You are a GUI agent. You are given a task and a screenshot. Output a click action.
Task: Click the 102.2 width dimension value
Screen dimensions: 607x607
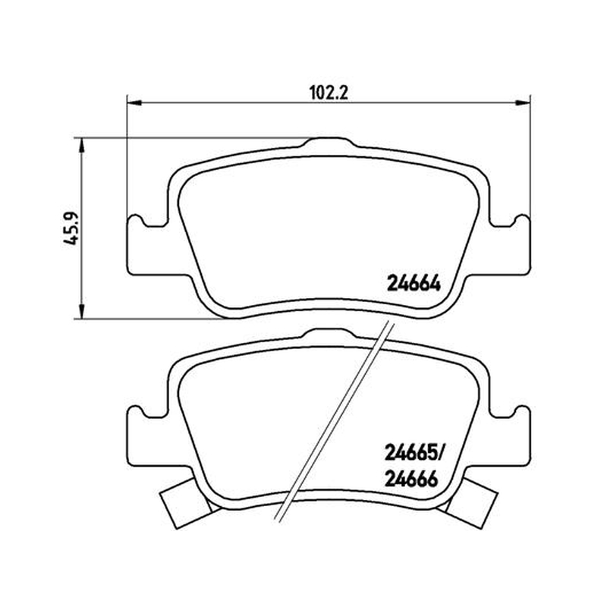pos(329,93)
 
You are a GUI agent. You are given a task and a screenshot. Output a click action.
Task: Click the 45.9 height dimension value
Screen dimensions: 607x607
pos(71,228)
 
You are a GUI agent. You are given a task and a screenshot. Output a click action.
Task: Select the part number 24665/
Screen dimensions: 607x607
pos(415,452)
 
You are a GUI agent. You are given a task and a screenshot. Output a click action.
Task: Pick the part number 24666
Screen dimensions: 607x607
pos(411,480)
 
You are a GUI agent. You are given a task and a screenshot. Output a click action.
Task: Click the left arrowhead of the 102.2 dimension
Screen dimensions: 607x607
pos(134,102)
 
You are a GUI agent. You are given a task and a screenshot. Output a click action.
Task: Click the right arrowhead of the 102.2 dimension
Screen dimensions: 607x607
pos(523,102)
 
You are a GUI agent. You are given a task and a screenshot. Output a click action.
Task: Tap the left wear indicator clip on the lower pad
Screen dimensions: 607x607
pos(184,502)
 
